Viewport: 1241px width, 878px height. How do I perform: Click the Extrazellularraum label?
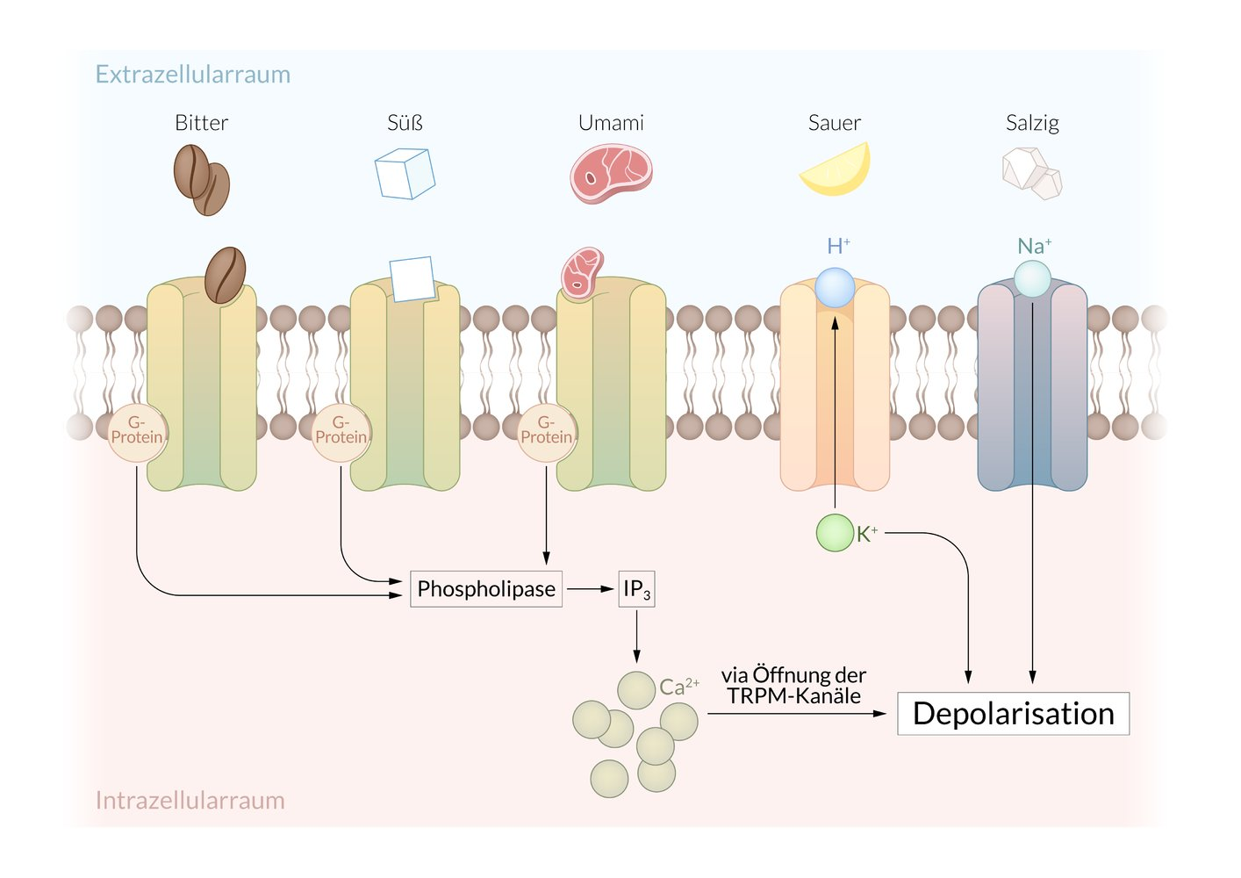[x=192, y=75]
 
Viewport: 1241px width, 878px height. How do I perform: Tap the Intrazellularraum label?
[x=190, y=800]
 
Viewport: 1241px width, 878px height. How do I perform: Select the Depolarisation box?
[x=1013, y=714]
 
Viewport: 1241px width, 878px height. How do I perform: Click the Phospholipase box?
[x=486, y=588]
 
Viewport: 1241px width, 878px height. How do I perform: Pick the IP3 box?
[x=636, y=588]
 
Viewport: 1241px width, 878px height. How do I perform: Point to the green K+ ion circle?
[x=834, y=533]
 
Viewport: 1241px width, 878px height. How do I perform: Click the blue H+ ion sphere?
[x=835, y=288]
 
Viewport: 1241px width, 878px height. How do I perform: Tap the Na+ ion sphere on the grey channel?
[x=1032, y=279]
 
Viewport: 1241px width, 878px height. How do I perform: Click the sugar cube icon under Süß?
[x=405, y=173]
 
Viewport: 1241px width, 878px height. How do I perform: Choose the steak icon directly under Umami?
[x=611, y=174]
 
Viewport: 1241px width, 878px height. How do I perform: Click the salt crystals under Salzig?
[x=1032, y=173]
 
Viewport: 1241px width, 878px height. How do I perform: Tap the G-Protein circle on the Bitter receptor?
[x=137, y=431]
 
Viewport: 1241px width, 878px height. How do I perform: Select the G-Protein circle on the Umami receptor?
[x=546, y=431]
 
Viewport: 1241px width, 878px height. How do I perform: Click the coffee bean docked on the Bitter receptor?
[x=225, y=275]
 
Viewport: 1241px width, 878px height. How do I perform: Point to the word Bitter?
[x=201, y=123]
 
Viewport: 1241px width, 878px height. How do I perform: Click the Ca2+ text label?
[x=678, y=687]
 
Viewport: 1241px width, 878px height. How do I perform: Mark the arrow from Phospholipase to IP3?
[x=590, y=589]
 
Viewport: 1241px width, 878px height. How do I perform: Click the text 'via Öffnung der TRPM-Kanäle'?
[x=793, y=686]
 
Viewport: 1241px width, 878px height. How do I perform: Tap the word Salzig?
[x=1032, y=123]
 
